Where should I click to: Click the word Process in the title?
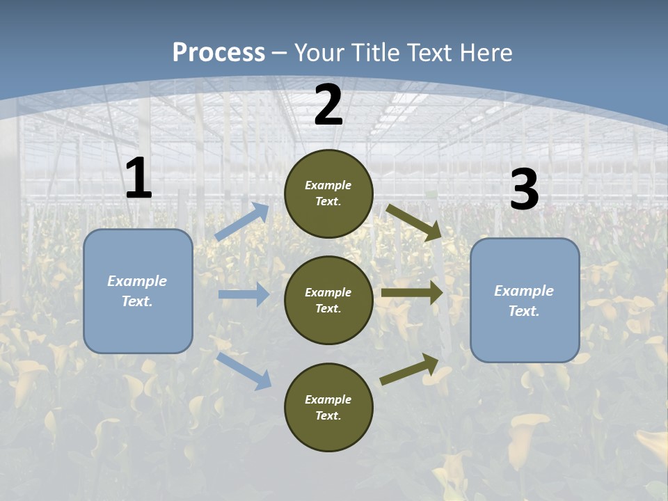tap(218, 52)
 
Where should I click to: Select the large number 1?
tap(138, 179)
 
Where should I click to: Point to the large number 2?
tap(328, 106)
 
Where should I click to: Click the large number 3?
tap(525, 190)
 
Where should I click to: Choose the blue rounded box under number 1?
tap(138, 291)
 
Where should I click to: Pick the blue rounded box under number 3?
tap(525, 300)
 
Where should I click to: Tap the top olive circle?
tap(328, 193)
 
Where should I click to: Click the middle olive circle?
tap(328, 300)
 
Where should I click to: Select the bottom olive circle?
tap(328, 407)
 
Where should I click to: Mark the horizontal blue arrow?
tap(244, 294)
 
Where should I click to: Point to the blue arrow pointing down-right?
tap(244, 371)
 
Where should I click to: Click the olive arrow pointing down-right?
tap(415, 223)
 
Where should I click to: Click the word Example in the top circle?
tap(328, 185)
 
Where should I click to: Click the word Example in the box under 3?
tap(524, 291)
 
